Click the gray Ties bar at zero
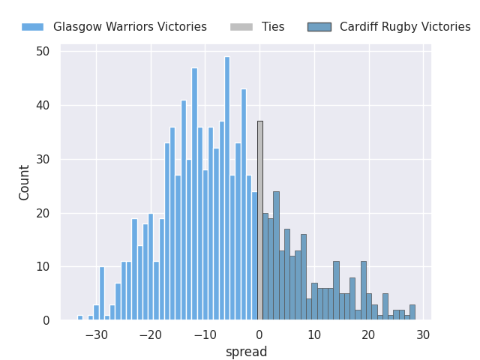point(260,220)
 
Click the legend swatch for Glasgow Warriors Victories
point(32,27)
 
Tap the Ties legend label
point(273,27)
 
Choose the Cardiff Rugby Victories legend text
point(405,27)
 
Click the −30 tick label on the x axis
point(96,334)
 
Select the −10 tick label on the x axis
point(205,334)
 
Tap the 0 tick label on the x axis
point(259,334)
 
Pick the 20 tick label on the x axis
point(368,334)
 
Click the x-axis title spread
point(246,352)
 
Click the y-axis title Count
point(25,182)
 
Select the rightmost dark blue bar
point(412,313)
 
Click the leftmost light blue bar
point(80,318)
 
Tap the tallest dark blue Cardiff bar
point(276,256)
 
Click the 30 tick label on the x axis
point(423,334)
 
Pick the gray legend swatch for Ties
point(241,27)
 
